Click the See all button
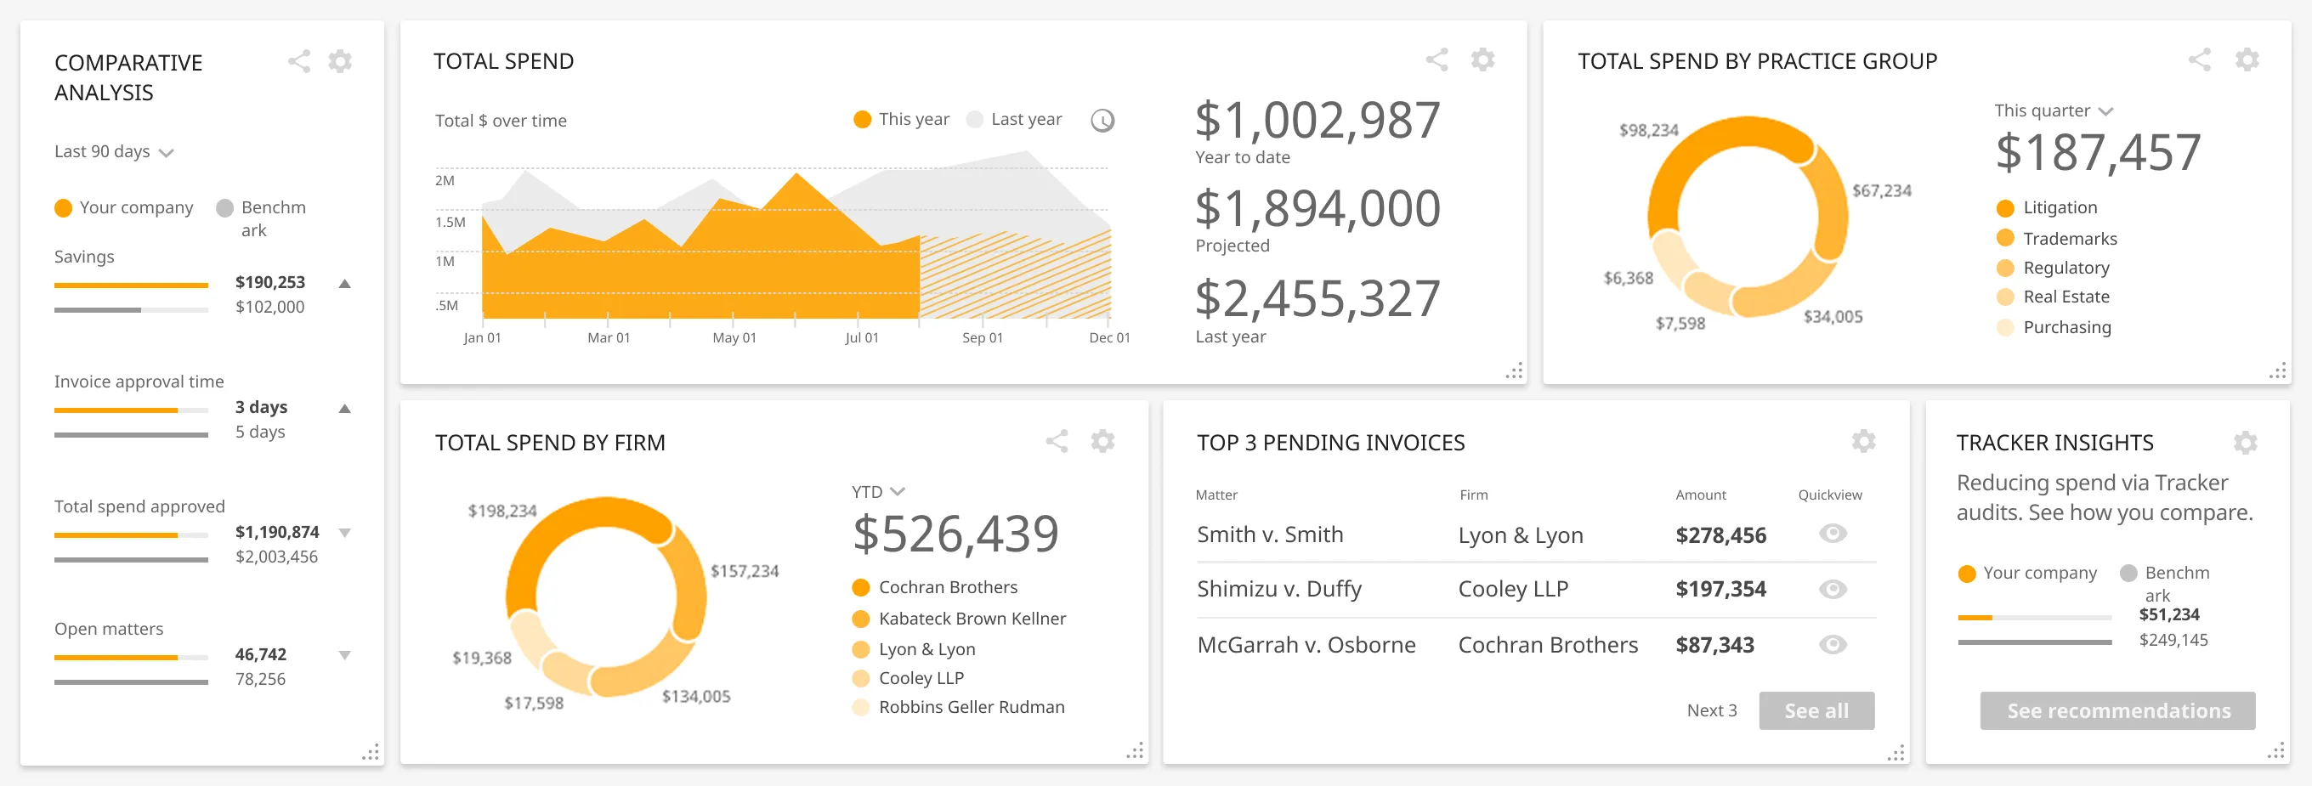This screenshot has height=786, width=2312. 1816,710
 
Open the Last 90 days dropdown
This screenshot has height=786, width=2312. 113,151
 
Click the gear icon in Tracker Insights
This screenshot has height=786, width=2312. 2245,443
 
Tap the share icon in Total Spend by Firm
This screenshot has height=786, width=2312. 1057,442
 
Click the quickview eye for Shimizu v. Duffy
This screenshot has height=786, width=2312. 1832,590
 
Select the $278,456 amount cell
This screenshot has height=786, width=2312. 1720,535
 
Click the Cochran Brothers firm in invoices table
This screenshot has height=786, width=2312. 1547,645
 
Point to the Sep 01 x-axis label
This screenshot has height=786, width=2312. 982,338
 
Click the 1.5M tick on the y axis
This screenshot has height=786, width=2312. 450,223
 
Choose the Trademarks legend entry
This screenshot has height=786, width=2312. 2069,239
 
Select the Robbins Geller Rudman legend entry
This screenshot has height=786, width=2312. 970,707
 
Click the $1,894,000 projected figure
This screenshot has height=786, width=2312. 1317,209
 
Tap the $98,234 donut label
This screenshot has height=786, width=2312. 1648,131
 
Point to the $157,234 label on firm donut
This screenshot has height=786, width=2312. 744,572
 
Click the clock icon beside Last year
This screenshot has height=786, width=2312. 1102,120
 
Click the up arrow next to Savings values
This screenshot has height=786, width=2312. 344,284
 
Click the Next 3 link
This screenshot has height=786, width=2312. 1711,710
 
